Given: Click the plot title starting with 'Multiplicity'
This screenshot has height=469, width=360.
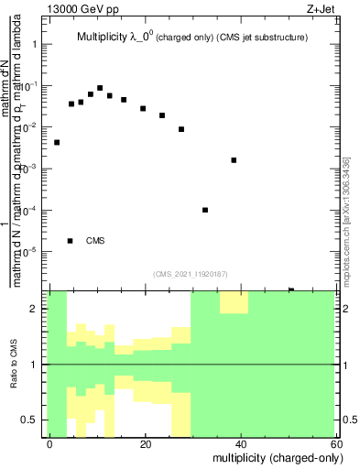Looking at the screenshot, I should [191, 38].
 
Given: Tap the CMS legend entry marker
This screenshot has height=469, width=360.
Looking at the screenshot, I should [71, 241].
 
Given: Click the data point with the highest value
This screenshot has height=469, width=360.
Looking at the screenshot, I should [100, 88].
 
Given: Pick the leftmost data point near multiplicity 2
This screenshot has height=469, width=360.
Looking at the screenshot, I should [57, 142].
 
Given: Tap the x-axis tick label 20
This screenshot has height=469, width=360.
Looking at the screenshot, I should [145, 443].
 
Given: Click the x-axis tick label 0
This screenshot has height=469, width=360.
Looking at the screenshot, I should [50, 443].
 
